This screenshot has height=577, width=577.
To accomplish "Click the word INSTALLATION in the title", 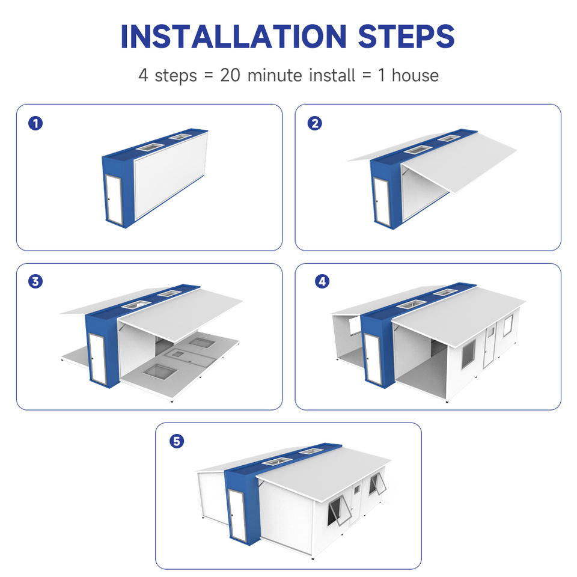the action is click(233, 37).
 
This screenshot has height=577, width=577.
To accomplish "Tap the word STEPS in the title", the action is click(406, 37).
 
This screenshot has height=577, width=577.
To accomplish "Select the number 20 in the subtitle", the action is click(230, 76).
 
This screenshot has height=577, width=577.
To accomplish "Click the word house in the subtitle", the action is click(415, 76).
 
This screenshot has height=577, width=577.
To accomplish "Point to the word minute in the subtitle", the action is click(275, 76).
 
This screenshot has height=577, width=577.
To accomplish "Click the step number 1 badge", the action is click(35, 123).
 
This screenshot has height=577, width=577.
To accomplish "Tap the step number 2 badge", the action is click(314, 123).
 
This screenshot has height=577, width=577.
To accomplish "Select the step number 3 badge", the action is click(35, 281).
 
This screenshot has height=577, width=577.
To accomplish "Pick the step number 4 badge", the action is click(322, 281).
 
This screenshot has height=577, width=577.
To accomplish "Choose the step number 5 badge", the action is click(177, 441).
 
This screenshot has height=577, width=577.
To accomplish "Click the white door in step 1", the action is click(114, 199).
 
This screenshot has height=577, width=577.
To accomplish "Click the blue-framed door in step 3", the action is click(97, 358).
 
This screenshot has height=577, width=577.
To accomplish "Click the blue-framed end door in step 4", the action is click(373, 359).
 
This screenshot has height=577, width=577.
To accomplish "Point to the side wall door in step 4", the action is click(489, 347).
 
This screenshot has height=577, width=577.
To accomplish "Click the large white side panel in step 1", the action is click(171, 176).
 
